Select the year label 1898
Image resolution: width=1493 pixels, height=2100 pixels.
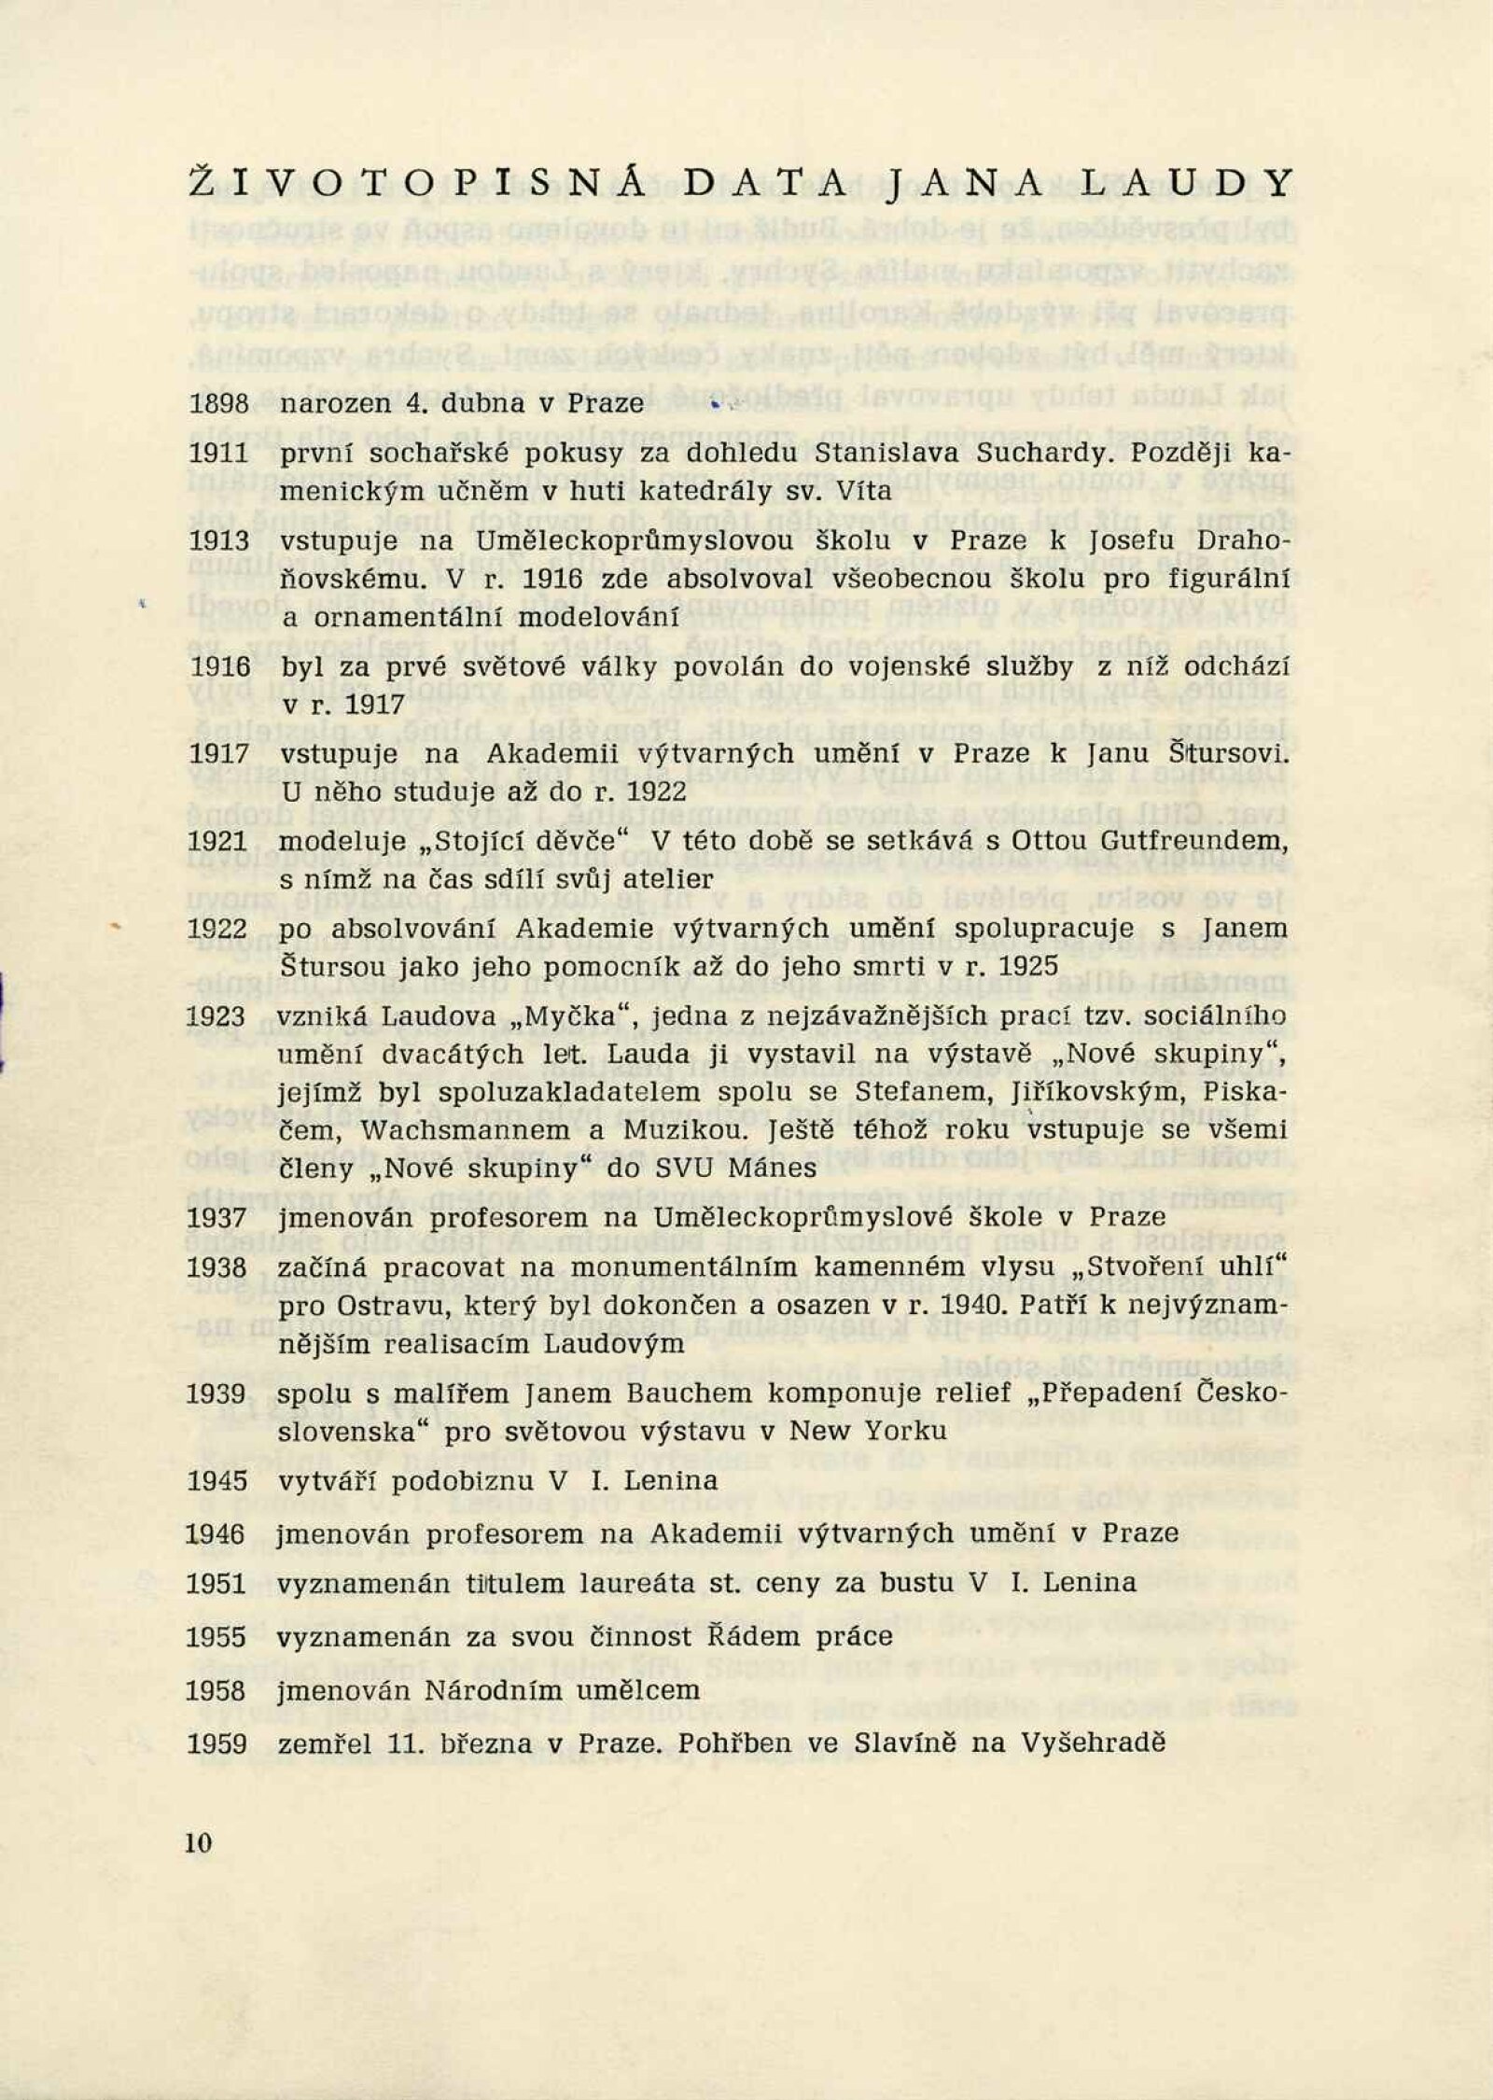pyautogui.click(x=218, y=403)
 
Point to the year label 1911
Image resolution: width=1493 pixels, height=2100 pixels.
pyautogui.click(x=218, y=454)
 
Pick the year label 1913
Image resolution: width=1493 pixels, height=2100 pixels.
pyautogui.click(x=218, y=541)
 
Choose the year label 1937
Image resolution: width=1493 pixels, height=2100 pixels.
pyautogui.click(x=218, y=1218)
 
